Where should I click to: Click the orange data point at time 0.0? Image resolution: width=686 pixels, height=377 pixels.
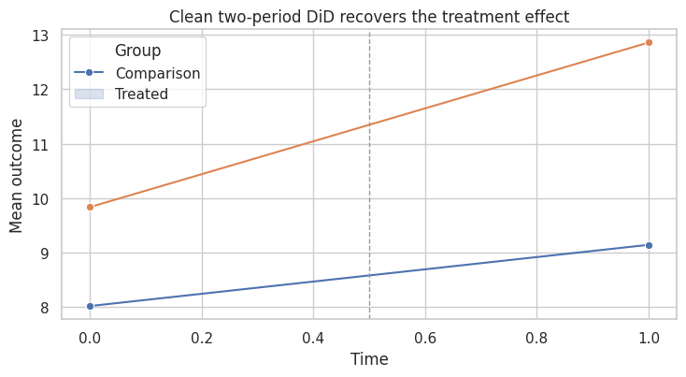pos(90,207)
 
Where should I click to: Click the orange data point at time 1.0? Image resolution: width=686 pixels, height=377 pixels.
pos(649,42)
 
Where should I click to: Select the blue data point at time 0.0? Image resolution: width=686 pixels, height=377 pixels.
pos(90,306)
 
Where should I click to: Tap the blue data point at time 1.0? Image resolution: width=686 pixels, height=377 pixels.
pos(649,246)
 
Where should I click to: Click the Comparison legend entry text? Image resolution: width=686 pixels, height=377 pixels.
pos(158,73)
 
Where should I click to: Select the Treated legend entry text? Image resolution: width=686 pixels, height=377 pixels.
pos(141,94)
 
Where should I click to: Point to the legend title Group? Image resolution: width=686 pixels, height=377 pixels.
pos(137,51)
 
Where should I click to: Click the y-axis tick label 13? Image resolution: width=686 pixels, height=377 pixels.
pos(40,36)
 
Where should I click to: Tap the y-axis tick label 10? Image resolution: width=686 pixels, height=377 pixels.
pos(40,199)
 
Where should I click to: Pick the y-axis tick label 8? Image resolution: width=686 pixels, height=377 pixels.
pos(45,308)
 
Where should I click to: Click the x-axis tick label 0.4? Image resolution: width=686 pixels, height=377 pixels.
pos(313,338)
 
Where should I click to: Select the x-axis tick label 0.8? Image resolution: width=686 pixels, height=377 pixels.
pos(536,338)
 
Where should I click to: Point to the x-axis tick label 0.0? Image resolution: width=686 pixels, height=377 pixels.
pos(90,338)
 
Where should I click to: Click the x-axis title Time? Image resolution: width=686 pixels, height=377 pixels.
pos(369,359)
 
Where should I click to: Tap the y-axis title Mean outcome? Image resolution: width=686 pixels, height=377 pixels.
pos(16,176)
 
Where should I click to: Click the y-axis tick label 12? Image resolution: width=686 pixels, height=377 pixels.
pos(40,90)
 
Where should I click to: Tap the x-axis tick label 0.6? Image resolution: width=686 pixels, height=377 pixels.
pos(425,338)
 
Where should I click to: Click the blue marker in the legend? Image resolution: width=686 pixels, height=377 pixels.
pos(89,73)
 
